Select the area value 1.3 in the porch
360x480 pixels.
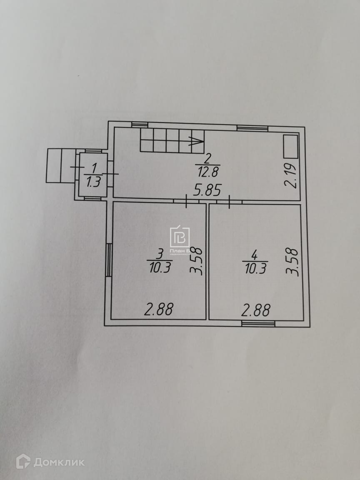[x=94, y=182]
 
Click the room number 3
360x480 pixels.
[x=160, y=253]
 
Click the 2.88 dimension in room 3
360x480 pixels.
[x=158, y=310]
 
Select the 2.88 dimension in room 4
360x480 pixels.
[x=256, y=310]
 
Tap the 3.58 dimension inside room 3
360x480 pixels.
[x=197, y=261]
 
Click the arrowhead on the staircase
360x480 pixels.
[x=196, y=141]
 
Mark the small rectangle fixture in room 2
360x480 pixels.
[x=290, y=146]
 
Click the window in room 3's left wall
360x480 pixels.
[x=108, y=260]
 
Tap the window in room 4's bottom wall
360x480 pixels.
[x=258, y=323]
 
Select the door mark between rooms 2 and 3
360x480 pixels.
[x=186, y=202]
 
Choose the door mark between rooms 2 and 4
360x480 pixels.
[x=229, y=202]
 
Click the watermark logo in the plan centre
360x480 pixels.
[x=180, y=237]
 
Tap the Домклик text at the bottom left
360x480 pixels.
[x=58, y=462]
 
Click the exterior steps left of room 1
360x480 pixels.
[x=61, y=165]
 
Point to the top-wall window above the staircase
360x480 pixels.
[x=140, y=124]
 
